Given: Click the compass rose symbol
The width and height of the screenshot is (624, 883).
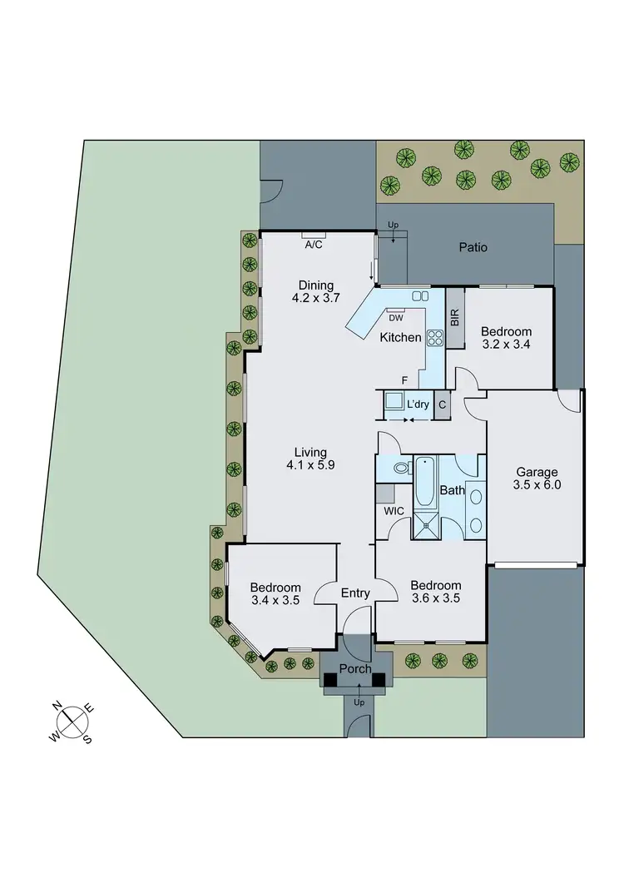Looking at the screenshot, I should pos(73,722).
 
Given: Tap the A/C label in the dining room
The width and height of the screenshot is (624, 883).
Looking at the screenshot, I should pos(314,245).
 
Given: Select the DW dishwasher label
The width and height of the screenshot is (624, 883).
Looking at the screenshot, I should pos(395,316).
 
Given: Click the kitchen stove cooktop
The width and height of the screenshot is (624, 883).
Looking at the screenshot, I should pos(435,337).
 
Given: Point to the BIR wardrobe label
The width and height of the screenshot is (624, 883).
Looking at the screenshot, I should pos(454,316).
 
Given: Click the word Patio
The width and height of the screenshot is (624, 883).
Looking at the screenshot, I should pos(473,247).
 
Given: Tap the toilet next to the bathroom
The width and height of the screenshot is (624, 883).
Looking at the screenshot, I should pos(402,469).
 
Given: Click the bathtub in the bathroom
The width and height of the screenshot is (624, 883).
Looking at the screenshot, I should pos(425,482).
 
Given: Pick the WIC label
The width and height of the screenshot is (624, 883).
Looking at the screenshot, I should pos(394,509).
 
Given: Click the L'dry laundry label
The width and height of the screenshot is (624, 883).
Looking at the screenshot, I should pos(417,404).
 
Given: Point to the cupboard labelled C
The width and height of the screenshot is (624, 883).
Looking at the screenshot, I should pos(442,404).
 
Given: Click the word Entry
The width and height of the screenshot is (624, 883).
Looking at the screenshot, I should pos(355,593).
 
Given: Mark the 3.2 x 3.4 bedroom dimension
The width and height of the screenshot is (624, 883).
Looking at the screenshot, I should pos(508,344).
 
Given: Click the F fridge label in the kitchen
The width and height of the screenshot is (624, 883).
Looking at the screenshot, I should pos(404,380).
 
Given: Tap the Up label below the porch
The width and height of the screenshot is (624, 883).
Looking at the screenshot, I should pos(359,702).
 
